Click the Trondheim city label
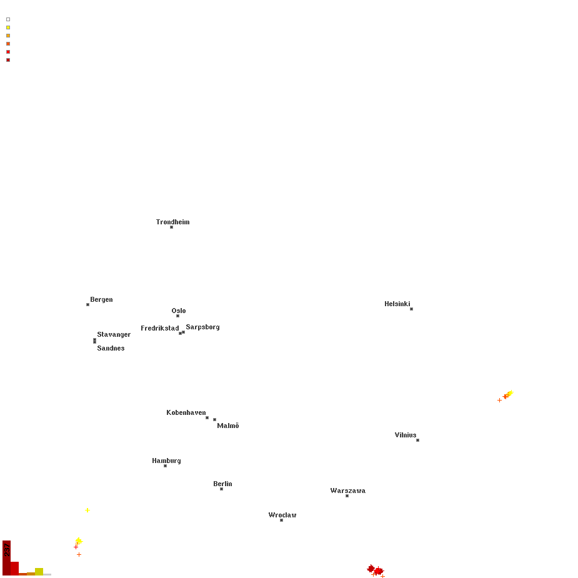tap(172, 222)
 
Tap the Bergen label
tap(101, 300)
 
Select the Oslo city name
tap(179, 311)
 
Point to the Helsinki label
tap(397, 304)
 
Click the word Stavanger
tap(114, 335)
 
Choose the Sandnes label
tap(111, 348)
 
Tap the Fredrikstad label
tap(159, 328)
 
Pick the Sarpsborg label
tap(202, 327)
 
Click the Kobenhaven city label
tap(186, 412)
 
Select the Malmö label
tap(228, 426)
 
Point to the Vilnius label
tap(405, 435)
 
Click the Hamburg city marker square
tap(165, 466)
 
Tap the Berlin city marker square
tap(221, 489)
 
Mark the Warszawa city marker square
tap(347, 496)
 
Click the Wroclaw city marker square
tap(281, 520)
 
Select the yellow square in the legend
tap(8, 27)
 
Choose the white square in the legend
tap(8, 19)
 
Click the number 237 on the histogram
tap(7, 550)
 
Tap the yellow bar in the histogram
tap(39, 571)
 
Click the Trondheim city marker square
tap(171, 227)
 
